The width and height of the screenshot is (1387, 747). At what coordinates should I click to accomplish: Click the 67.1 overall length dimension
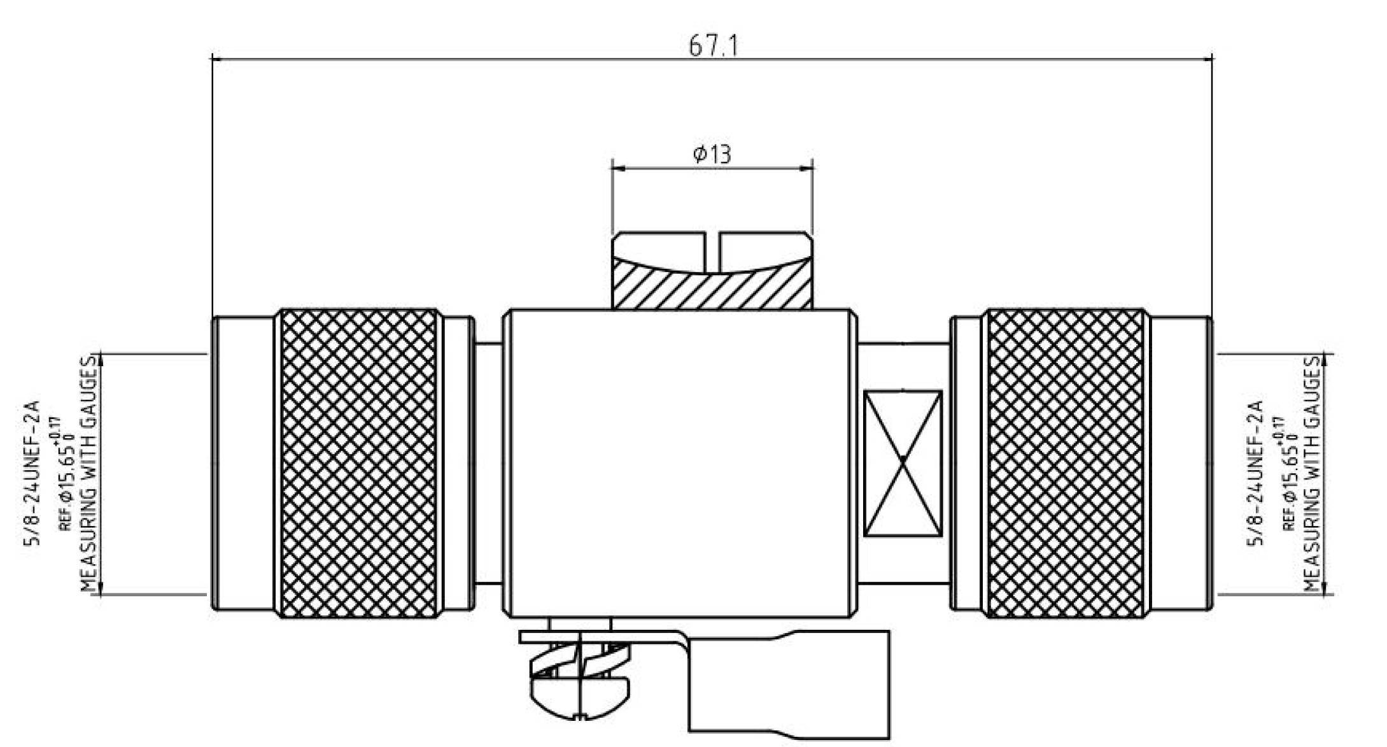(714, 46)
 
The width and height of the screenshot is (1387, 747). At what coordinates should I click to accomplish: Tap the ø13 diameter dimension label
(712, 154)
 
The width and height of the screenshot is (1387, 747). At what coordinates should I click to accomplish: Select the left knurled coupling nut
(359, 464)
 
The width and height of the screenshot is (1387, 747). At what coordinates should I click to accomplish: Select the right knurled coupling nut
(1065, 464)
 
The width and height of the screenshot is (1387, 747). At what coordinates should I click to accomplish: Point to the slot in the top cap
(712, 252)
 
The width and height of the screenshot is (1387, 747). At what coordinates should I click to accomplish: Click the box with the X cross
(903, 464)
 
